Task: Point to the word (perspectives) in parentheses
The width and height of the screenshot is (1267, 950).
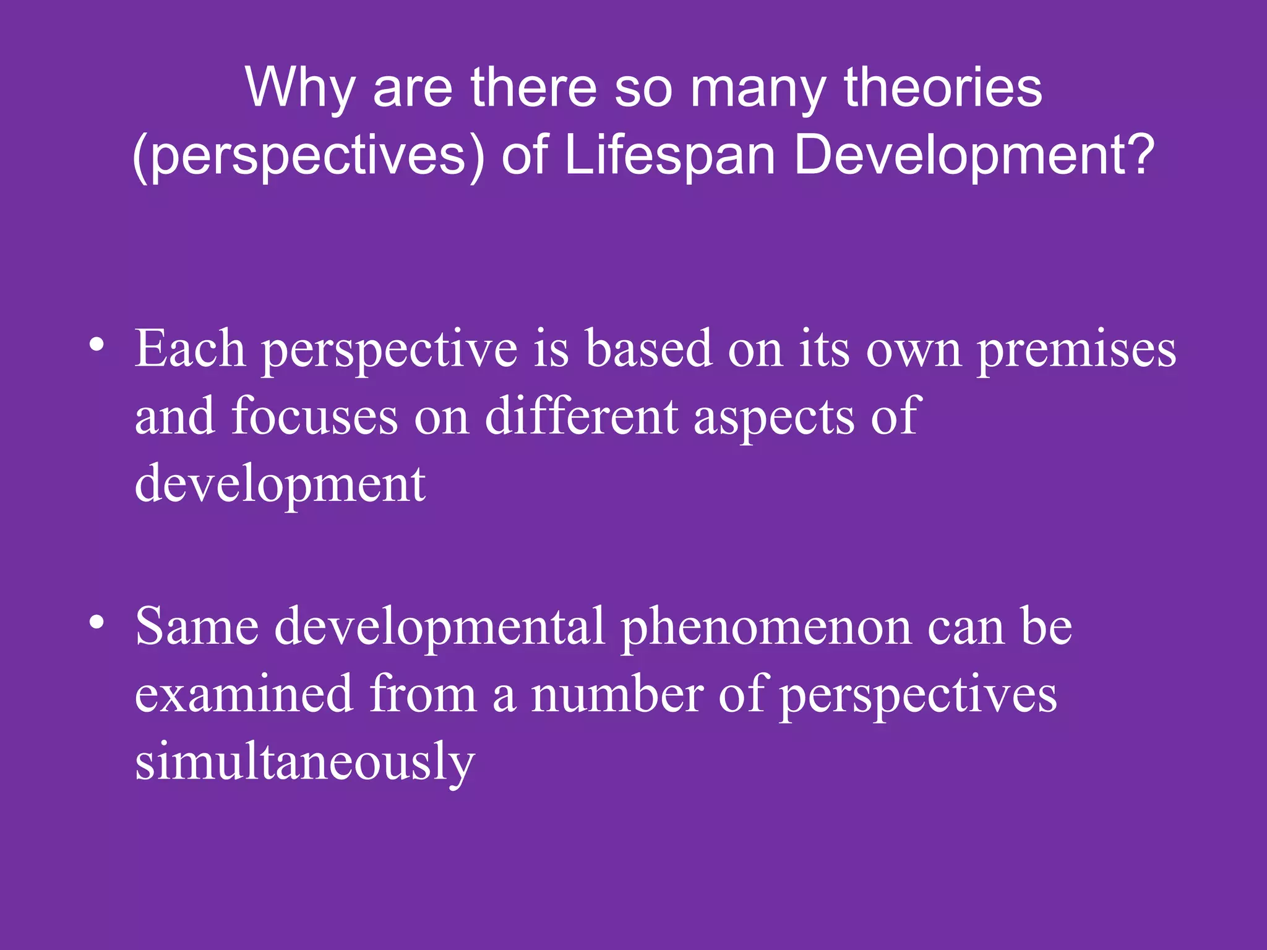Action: pyautogui.click(x=309, y=156)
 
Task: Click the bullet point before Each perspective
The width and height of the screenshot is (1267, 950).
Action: pyautogui.click(x=96, y=344)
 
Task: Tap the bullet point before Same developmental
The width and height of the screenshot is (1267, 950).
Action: pyautogui.click(x=96, y=622)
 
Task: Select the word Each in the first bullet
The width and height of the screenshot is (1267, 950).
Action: pyautogui.click(x=190, y=349)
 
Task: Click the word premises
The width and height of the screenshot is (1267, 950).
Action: pyautogui.click(x=1076, y=350)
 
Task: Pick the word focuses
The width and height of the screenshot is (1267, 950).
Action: pyautogui.click(x=315, y=416)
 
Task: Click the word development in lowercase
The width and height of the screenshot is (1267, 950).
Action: pyautogui.click(x=280, y=484)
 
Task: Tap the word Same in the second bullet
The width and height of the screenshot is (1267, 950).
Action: pyautogui.click(x=197, y=626)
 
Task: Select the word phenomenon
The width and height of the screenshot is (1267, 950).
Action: pyautogui.click(x=765, y=627)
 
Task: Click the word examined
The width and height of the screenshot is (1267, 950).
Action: pyautogui.click(x=244, y=694)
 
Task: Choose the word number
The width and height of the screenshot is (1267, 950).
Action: pyautogui.click(x=617, y=694)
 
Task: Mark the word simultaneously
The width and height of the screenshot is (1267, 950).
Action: pyautogui.click(x=304, y=763)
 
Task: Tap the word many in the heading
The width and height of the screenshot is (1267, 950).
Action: pyautogui.click(x=757, y=88)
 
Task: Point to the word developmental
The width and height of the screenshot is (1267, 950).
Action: pyautogui.click(x=439, y=627)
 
